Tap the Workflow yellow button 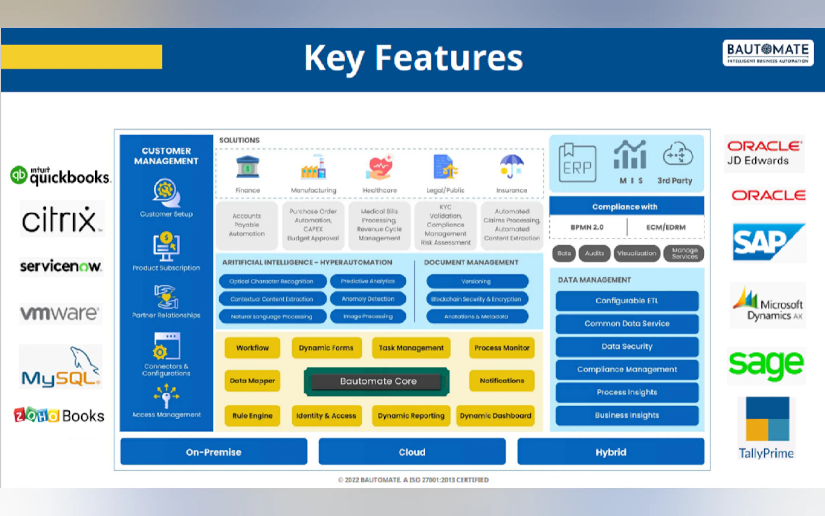point(252,348)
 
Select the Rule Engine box point(252,416)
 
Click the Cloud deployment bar point(412,452)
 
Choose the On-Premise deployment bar point(213,452)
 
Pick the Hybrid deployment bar point(611,452)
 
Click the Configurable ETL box point(627,301)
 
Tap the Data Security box point(627,346)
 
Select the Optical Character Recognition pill point(272,281)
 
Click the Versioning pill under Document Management point(476,281)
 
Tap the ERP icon point(577,163)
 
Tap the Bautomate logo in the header point(768,53)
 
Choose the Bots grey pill point(564,253)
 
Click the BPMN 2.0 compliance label point(587,227)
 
